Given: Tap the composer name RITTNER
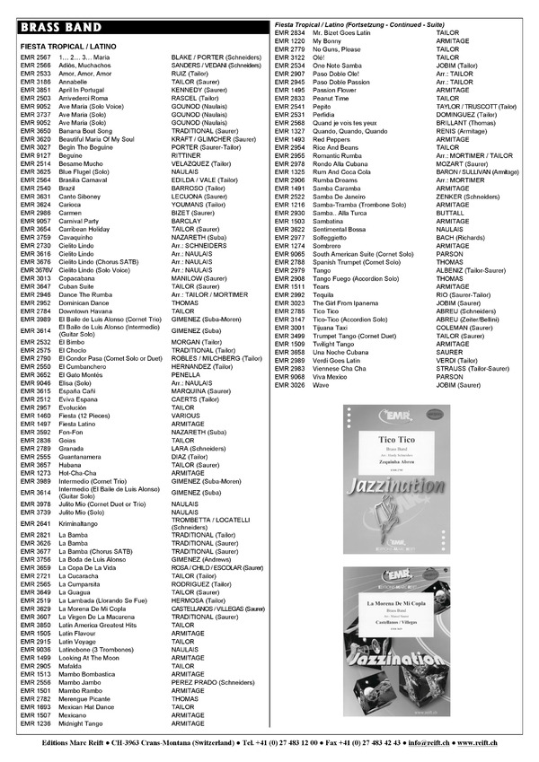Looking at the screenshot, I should [x=184, y=155].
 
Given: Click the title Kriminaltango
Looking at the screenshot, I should [x=77, y=523].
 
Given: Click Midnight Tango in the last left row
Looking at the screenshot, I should [x=80, y=723].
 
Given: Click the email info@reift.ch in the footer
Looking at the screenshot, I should [x=430, y=744].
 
